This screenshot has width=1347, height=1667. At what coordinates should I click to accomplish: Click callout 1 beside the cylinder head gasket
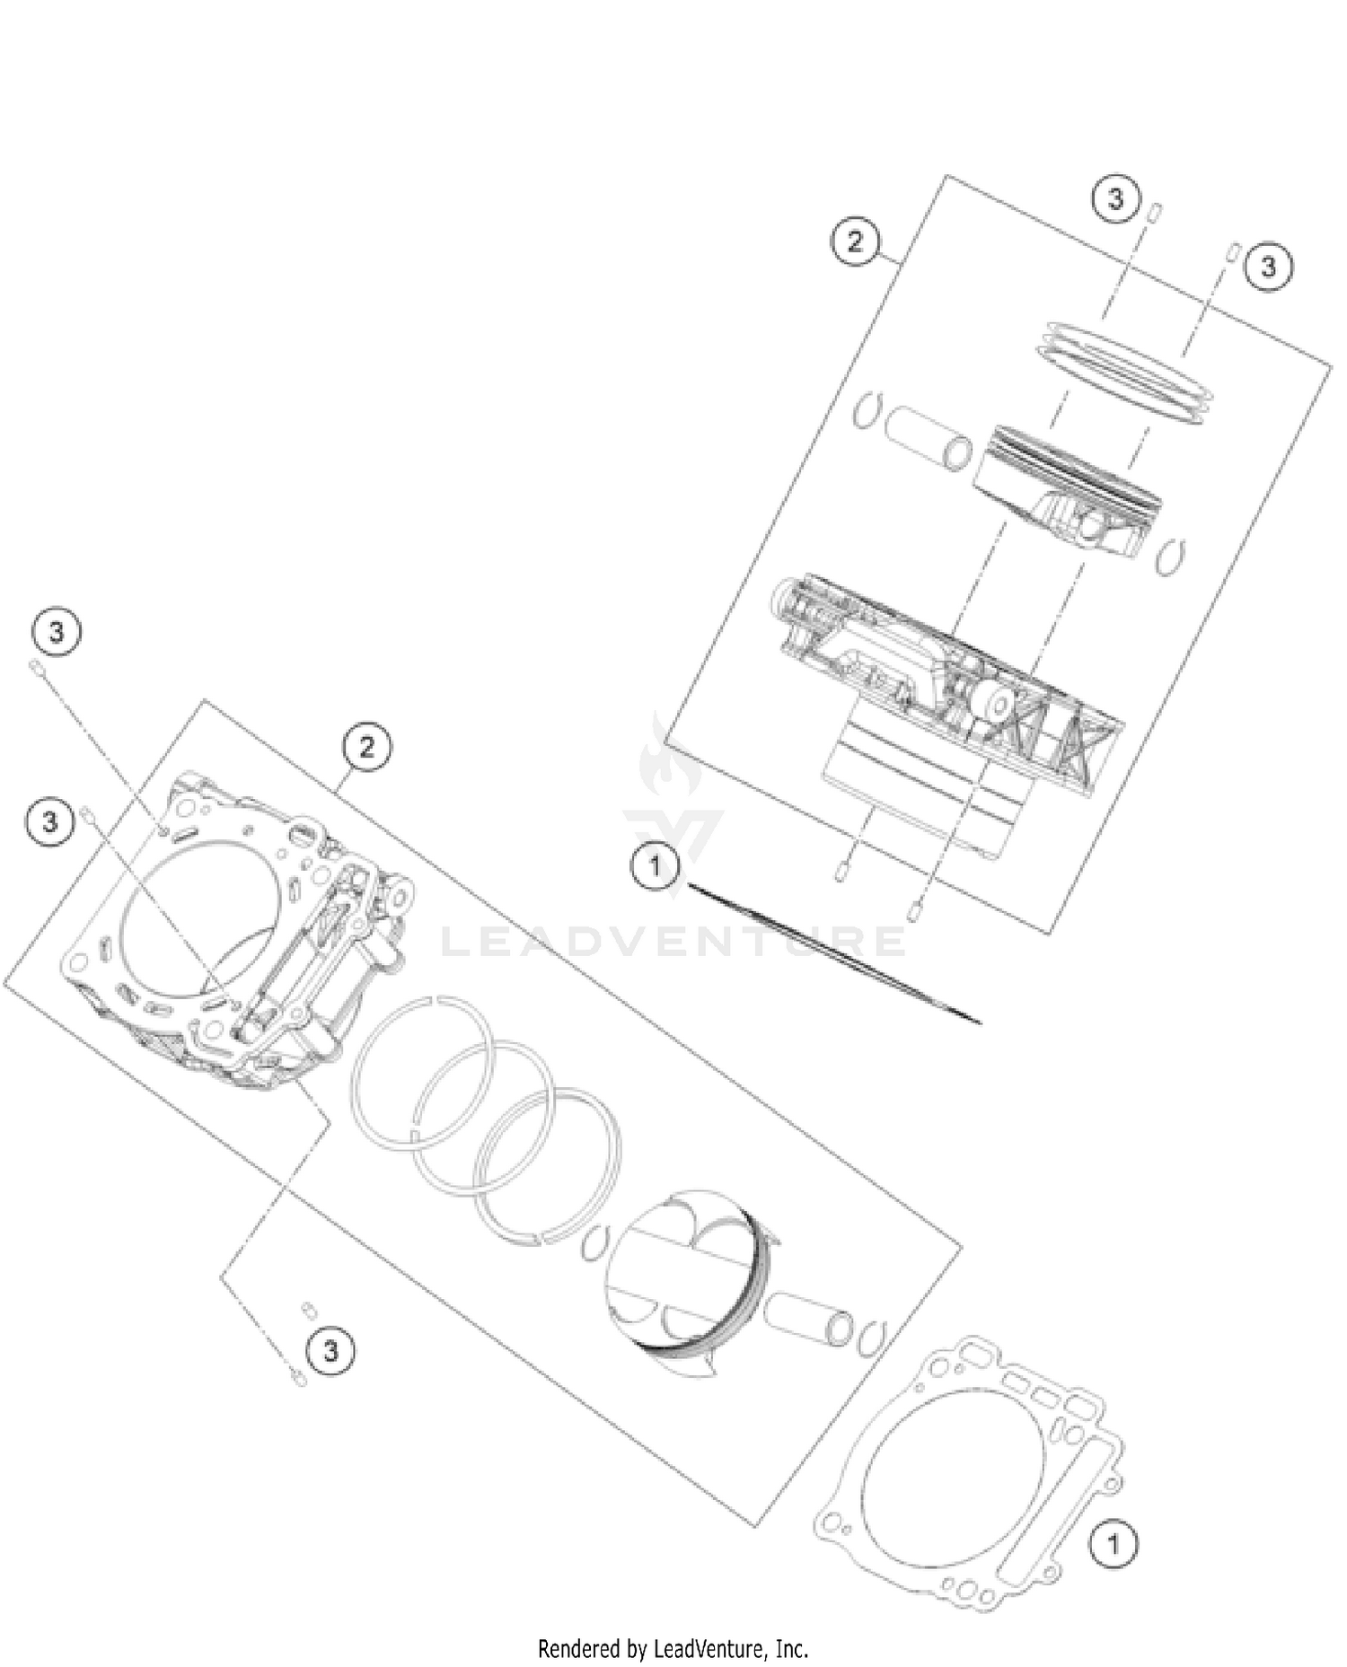[1113, 1544]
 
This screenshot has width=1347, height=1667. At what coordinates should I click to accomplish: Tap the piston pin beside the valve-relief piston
[807, 1318]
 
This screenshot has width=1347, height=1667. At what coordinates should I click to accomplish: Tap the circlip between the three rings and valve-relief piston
[594, 1243]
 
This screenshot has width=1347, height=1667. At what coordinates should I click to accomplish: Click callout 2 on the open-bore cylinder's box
[366, 747]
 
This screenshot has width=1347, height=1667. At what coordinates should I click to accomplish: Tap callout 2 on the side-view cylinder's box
[854, 241]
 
